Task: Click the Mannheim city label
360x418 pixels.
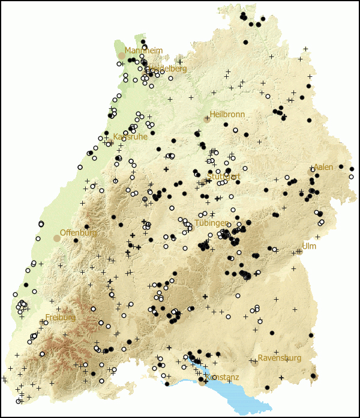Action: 143,50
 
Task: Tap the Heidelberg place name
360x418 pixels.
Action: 167,68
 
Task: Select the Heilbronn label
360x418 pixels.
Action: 227,114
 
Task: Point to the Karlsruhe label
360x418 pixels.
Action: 130,136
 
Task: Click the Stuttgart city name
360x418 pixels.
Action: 224,177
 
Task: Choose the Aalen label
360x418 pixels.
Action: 323,167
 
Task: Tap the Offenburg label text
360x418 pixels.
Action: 78,232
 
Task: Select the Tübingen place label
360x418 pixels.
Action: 211,223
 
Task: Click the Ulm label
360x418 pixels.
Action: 309,246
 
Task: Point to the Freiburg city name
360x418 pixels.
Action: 61,317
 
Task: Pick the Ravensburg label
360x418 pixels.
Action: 280,358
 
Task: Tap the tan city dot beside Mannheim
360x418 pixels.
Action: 122,56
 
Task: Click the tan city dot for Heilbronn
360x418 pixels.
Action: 207,120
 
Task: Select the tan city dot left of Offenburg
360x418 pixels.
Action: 57,238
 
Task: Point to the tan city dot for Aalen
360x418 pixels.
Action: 311,172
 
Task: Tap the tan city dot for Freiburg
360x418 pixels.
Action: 42,323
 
